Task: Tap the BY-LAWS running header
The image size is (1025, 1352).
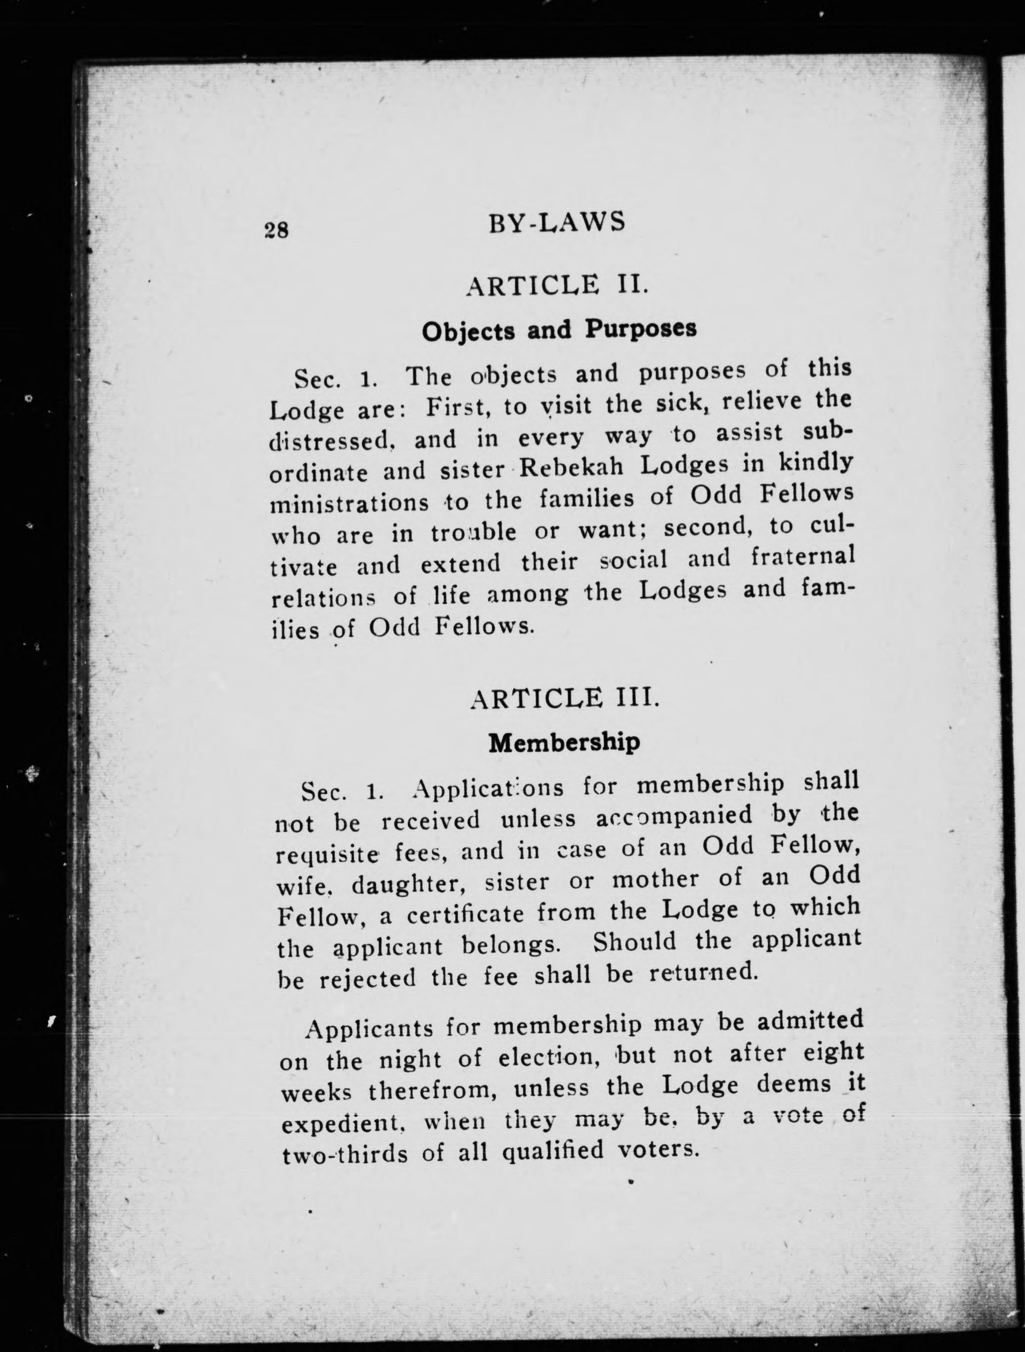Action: pos(557,223)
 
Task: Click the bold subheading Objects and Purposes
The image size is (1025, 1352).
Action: pos(559,330)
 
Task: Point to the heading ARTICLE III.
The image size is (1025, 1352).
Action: pos(565,698)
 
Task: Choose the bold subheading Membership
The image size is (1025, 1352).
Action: pos(564,743)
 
